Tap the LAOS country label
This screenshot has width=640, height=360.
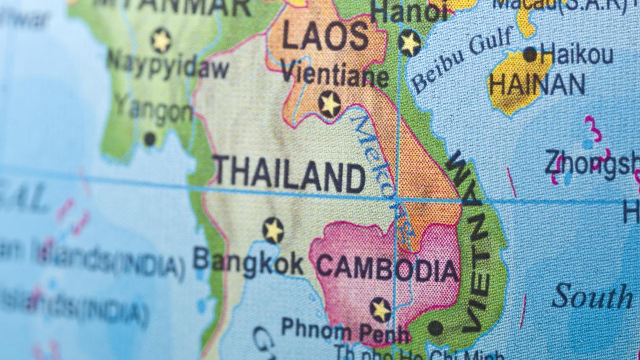click(x=325, y=37)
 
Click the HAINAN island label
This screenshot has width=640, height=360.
click(x=537, y=84)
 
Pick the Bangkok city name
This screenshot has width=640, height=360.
click(x=248, y=263)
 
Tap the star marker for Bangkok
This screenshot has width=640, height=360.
click(x=273, y=230)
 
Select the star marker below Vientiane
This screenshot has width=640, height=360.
click(x=330, y=104)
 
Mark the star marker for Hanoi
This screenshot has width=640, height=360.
click(x=410, y=43)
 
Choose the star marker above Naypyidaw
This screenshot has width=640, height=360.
click(x=161, y=40)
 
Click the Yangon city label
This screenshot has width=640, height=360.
click(x=154, y=109)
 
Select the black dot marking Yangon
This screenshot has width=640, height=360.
click(x=150, y=139)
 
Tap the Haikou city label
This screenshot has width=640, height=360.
click(x=576, y=54)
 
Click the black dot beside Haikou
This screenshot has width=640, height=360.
click(x=530, y=54)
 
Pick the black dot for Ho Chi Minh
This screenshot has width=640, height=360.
click(x=436, y=327)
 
